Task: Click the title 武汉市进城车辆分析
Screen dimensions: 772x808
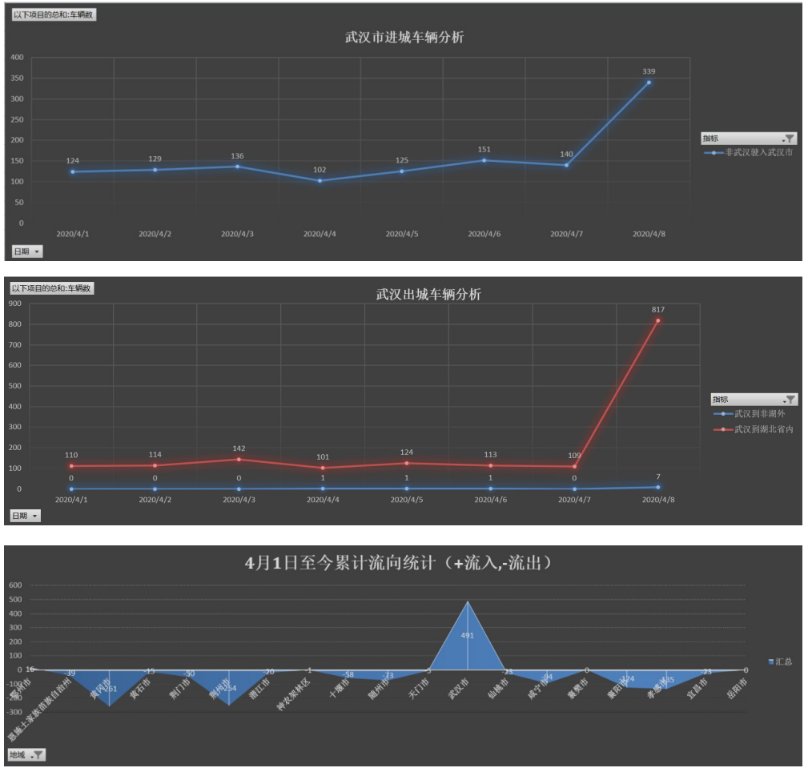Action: pyautogui.click(x=404, y=38)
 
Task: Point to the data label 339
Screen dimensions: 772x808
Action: pyautogui.click(x=649, y=71)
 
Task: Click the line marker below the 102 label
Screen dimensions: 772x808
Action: pyautogui.click(x=320, y=180)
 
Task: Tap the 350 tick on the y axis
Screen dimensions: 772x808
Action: pyautogui.click(x=17, y=78)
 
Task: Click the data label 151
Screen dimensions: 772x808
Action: pyautogui.click(x=484, y=149)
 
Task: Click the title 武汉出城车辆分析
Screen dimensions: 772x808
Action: pyautogui.click(x=428, y=295)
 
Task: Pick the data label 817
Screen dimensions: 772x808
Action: pyautogui.click(x=658, y=309)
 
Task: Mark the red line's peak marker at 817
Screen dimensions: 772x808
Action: pyautogui.click(x=658, y=321)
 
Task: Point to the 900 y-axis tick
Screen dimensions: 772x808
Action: pyautogui.click(x=15, y=304)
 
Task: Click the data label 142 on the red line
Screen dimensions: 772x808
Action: pyautogui.click(x=239, y=448)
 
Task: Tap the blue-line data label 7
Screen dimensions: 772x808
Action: pyautogui.click(x=658, y=476)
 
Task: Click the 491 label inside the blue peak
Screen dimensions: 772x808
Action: pyautogui.click(x=468, y=635)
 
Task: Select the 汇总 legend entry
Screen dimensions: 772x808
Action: pyautogui.click(x=783, y=661)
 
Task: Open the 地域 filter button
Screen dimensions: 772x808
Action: pyautogui.click(x=27, y=754)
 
